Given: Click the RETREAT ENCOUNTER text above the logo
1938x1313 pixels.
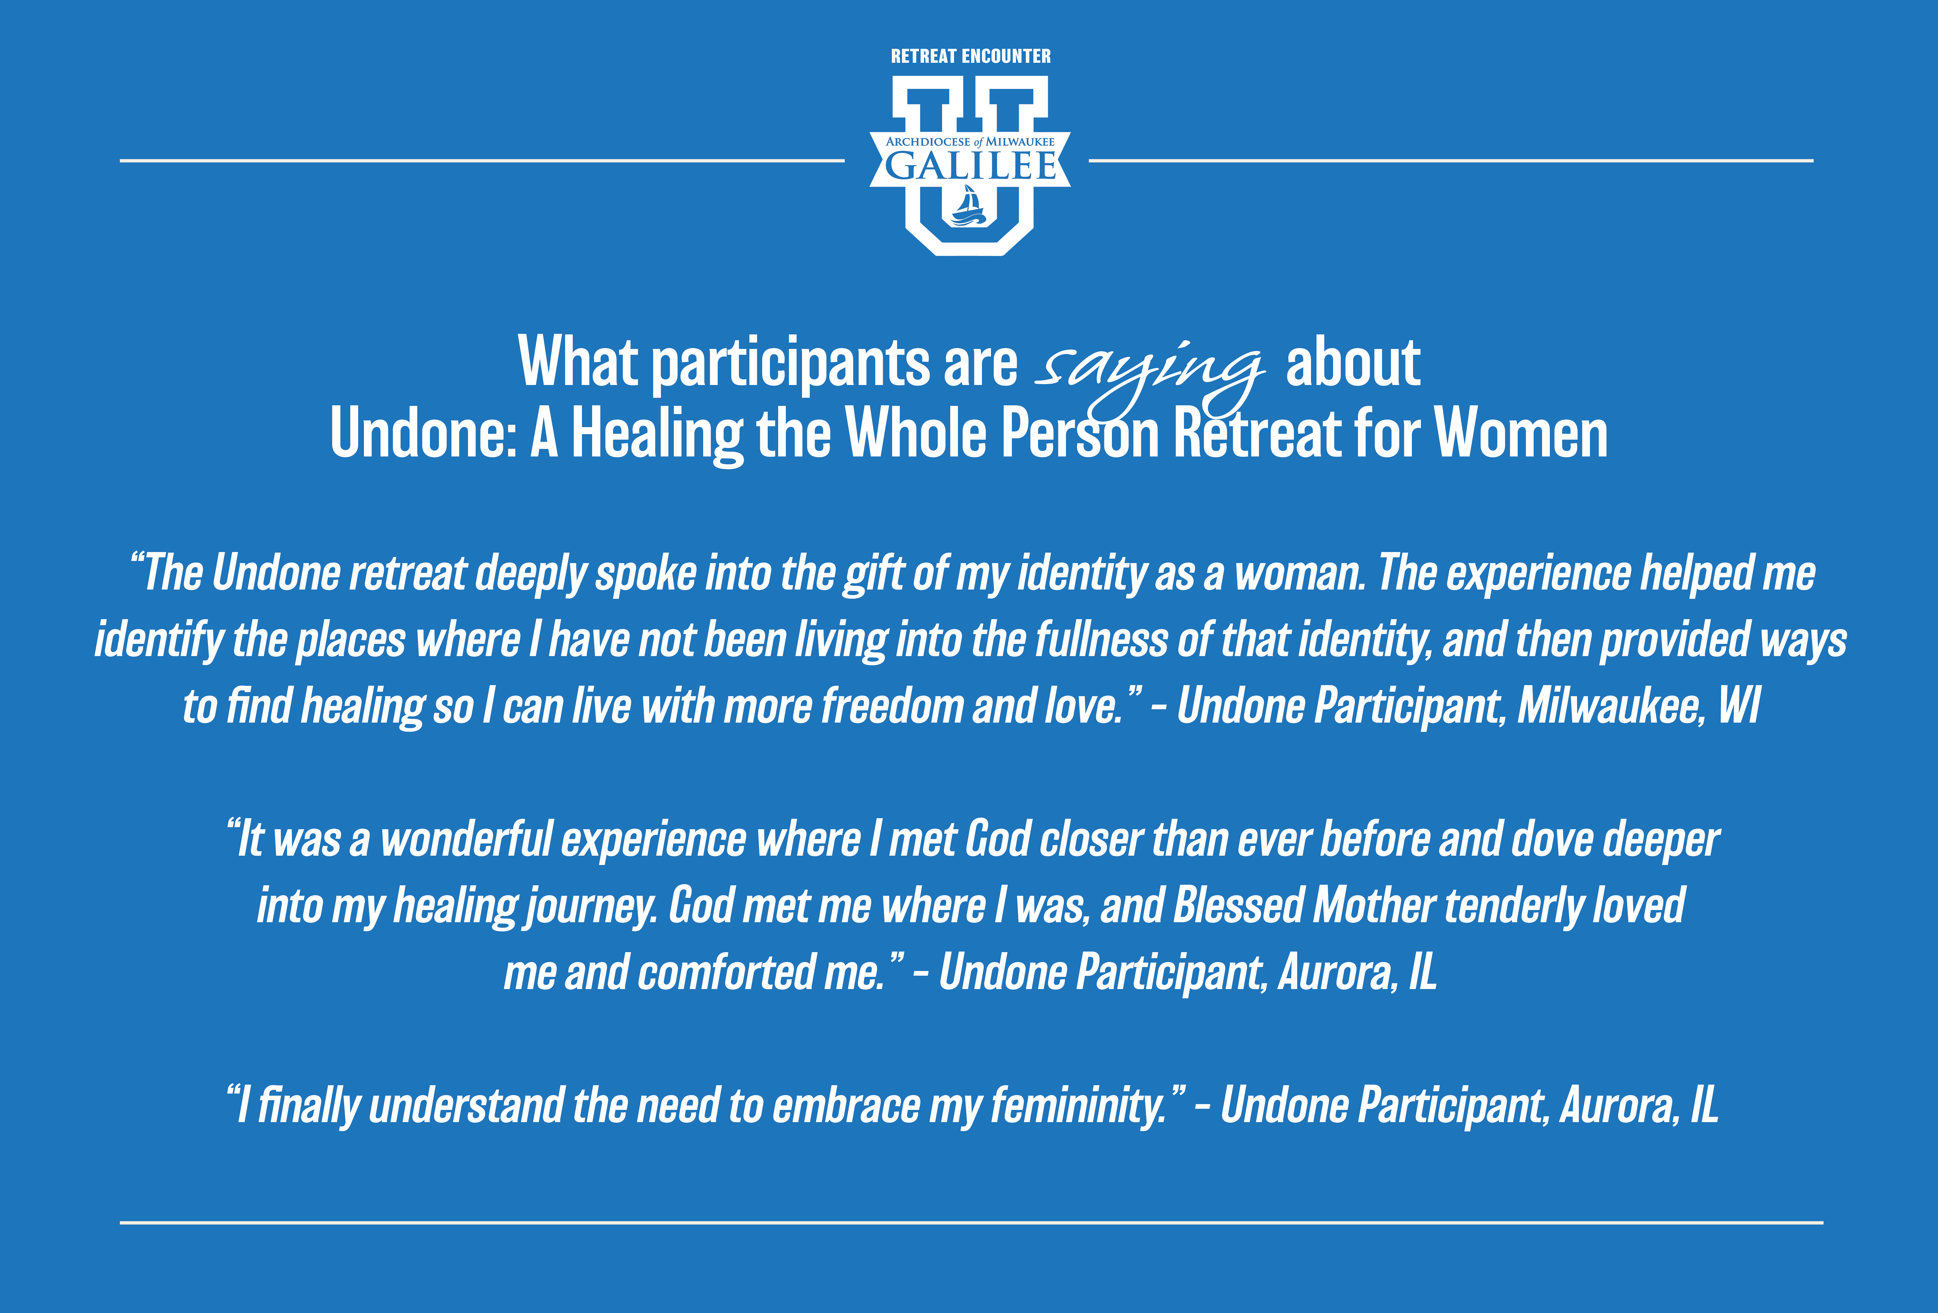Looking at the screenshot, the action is [x=971, y=56].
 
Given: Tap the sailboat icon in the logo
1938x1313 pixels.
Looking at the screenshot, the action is [x=969, y=206].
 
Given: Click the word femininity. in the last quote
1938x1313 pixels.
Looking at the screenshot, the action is [x=1078, y=1106].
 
